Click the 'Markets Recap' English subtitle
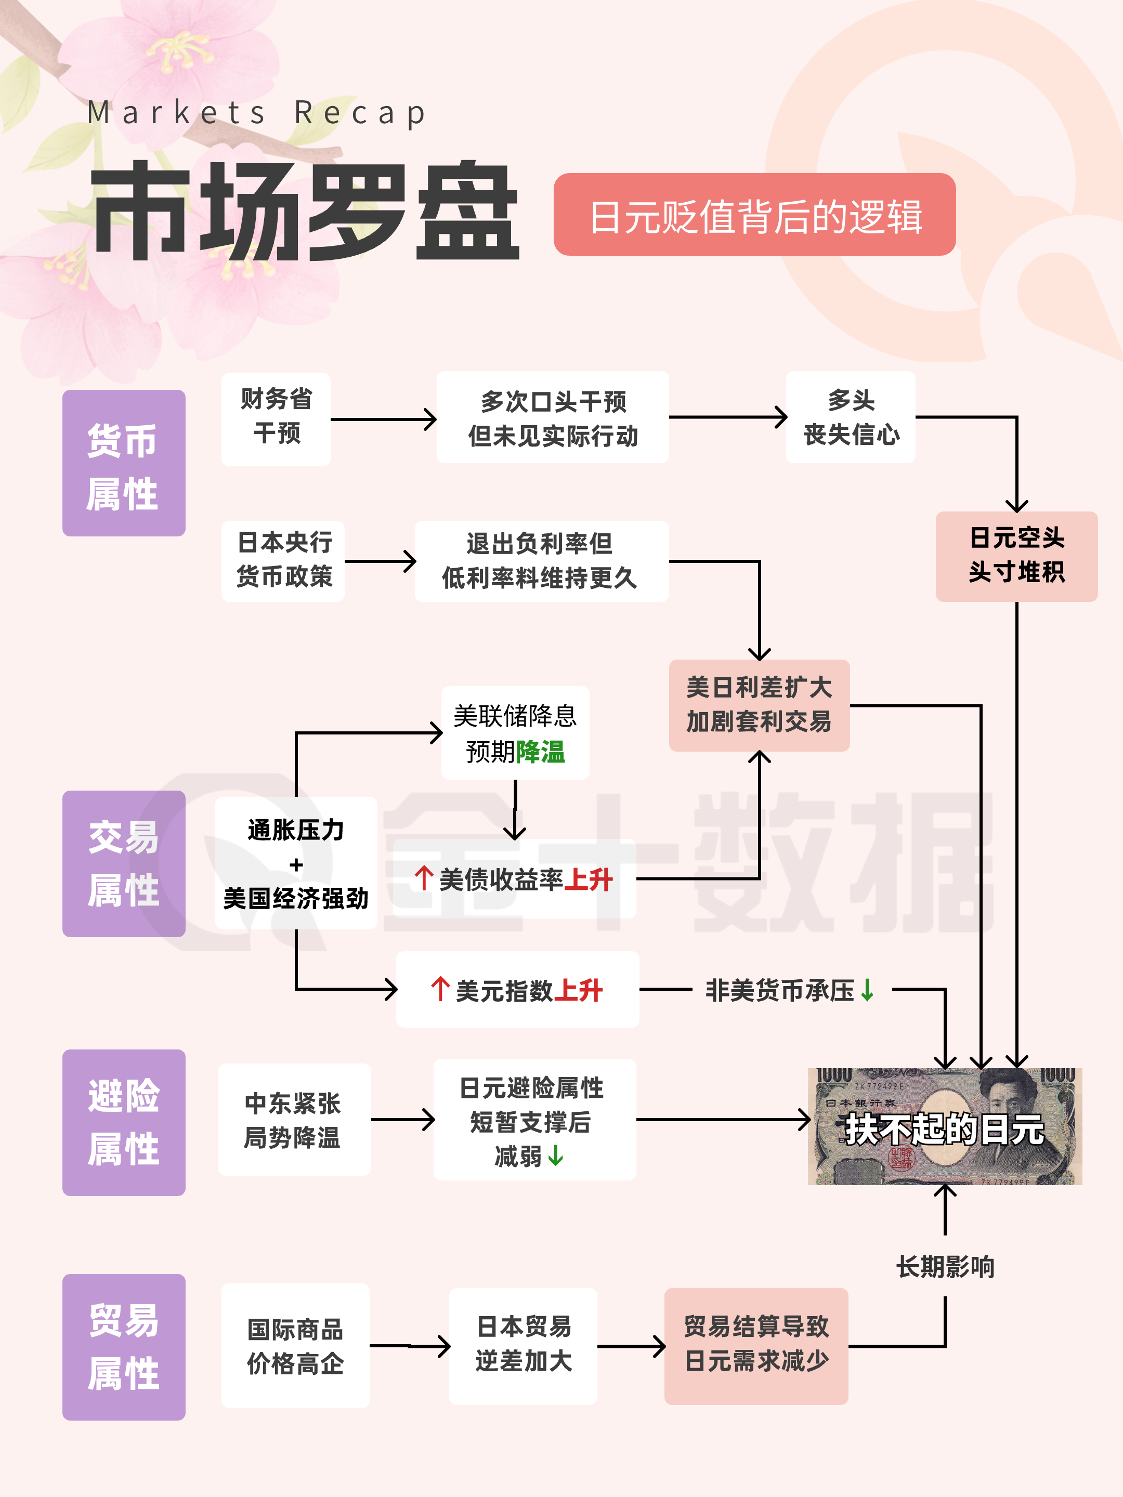tap(257, 113)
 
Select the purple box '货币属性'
tap(123, 463)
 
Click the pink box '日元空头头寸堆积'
tap(1016, 556)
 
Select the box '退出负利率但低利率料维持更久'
tap(541, 561)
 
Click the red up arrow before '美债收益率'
tap(424, 878)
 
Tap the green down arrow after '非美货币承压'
tap(867, 991)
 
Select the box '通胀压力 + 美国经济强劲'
tap(296, 863)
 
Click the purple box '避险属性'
tap(123, 1122)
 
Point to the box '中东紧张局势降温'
tap(294, 1120)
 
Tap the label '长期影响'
tap(945, 1267)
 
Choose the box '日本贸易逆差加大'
tap(523, 1345)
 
